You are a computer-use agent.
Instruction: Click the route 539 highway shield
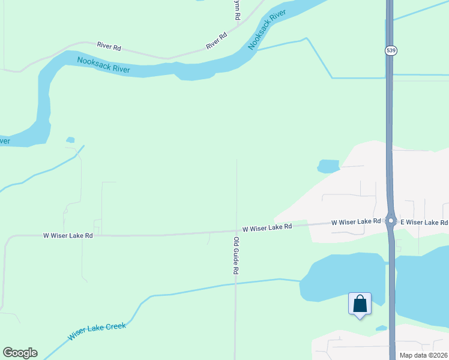[x=391, y=51]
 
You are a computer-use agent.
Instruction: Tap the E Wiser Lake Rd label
[x=424, y=222]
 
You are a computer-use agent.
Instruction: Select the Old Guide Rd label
[x=237, y=256]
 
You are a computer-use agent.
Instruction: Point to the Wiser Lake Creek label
[x=97, y=331]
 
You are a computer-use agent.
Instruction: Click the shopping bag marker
[x=360, y=304]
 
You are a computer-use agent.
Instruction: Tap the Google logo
[x=20, y=353]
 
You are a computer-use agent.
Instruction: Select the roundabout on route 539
[x=391, y=221]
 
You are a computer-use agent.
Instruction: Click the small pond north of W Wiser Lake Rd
[x=328, y=166]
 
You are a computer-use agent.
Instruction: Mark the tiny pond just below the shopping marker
[x=381, y=328]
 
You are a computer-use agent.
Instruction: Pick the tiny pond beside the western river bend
[x=70, y=140]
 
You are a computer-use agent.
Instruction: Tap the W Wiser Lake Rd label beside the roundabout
[x=357, y=222]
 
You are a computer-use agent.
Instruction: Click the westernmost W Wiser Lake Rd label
[x=68, y=236]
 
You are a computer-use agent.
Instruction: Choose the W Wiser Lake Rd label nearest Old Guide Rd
[x=267, y=227]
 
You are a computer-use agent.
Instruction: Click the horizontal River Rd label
[x=109, y=45]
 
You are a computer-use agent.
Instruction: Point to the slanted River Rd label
[x=217, y=41]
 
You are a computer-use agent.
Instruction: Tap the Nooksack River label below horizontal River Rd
[x=104, y=64]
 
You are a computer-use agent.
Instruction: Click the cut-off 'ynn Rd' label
[x=237, y=11]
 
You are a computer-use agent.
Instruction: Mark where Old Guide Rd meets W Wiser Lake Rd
[x=237, y=231]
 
